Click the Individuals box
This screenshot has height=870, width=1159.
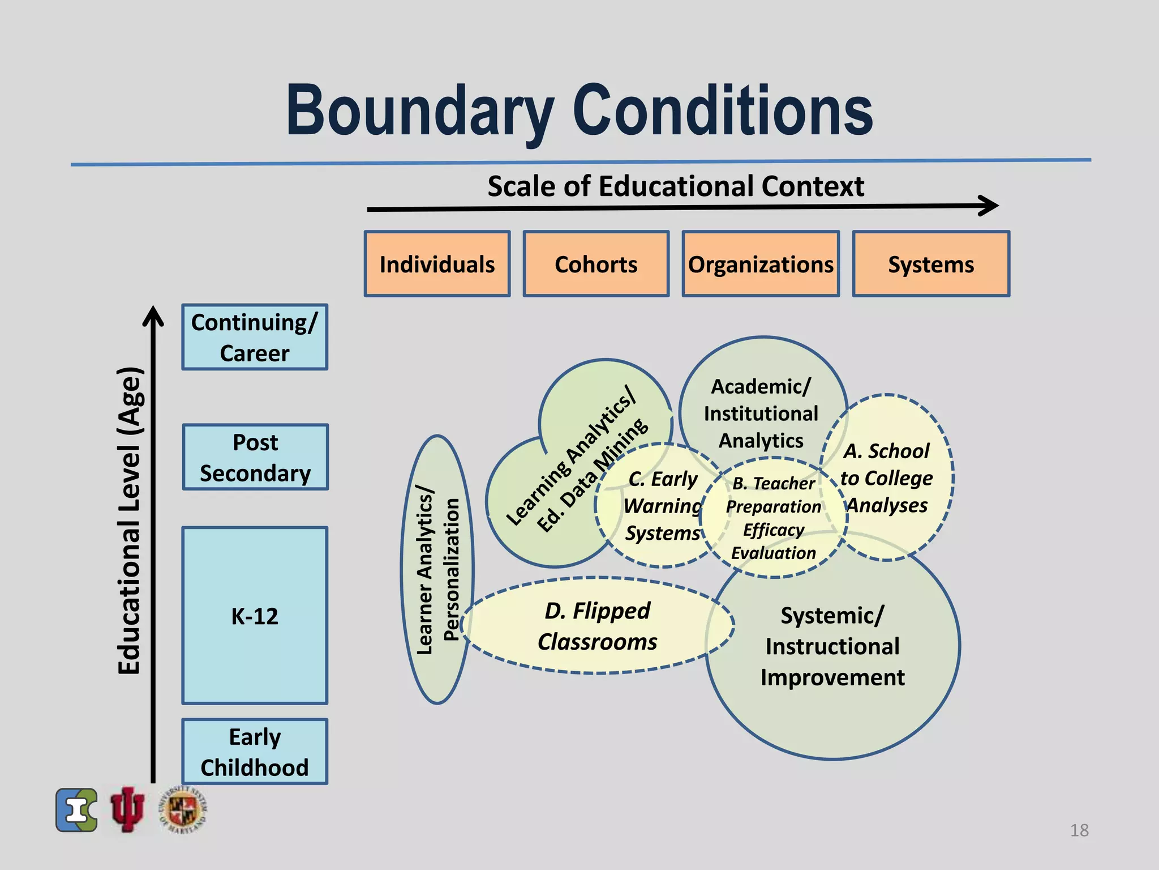click(x=437, y=264)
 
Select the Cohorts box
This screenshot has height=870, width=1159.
click(x=596, y=264)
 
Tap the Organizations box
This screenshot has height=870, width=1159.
click(x=761, y=264)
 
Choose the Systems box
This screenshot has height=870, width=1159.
click(x=931, y=264)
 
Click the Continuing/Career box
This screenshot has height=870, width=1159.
click(x=255, y=338)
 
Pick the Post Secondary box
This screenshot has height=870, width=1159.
click(x=255, y=458)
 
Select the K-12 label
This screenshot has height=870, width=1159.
click(x=255, y=616)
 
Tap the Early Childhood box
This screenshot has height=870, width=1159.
click(x=255, y=752)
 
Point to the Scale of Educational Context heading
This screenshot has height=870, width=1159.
click(x=676, y=186)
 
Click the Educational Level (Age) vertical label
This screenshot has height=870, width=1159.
click(x=129, y=521)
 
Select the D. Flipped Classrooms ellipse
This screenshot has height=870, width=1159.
click(x=597, y=626)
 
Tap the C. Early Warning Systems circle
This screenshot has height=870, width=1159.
click(x=662, y=506)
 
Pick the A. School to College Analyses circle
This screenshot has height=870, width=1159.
click(x=887, y=478)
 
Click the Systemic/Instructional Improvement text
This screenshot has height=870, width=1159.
click(x=832, y=646)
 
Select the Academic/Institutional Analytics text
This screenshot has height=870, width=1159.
click(x=761, y=413)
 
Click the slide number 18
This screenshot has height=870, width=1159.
click(x=1079, y=830)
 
